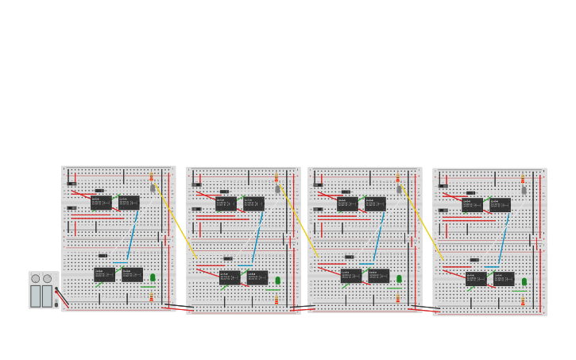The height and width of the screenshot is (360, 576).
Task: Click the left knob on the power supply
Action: pyautogui.click(x=36, y=279)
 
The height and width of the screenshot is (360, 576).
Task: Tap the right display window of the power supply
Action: pyautogui.click(x=48, y=296)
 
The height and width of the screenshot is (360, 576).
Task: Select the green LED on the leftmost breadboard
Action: pyautogui.click(x=153, y=277)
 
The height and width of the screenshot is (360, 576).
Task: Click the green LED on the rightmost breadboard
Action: pyautogui.click(x=524, y=281)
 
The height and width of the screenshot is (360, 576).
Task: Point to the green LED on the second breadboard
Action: pyautogui.click(x=277, y=280)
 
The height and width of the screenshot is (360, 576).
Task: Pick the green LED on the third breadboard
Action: pyautogui.click(x=399, y=278)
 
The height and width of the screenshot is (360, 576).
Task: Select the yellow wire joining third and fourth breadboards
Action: pyautogui.click(x=422, y=221)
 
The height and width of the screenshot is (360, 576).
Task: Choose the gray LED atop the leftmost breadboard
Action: pyautogui.click(x=153, y=188)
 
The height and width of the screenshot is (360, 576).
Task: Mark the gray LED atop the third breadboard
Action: pyautogui.click(x=399, y=189)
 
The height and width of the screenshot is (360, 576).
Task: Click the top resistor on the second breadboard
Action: pyautogui.click(x=276, y=178)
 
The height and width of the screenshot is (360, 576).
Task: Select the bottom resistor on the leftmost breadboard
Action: pyautogui.click(x=151, y=297)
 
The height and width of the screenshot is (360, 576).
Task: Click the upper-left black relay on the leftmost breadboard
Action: pyautogui.click(x=101, y=203)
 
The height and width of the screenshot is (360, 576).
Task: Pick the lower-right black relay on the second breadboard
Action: pyautogui.click(x=257, y=277)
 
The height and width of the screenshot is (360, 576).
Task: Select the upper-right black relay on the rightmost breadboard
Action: pyautogui.click(x=500, y=204)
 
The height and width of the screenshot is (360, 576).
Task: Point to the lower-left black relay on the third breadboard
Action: pyautogui.click(x=350, y=276)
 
